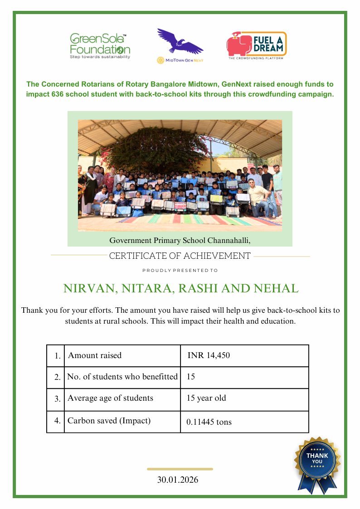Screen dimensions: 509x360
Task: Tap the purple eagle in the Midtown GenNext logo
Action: pos(180,42)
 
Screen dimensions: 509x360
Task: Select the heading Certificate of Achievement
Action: pos(180,256)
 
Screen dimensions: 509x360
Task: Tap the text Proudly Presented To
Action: pos(180,271)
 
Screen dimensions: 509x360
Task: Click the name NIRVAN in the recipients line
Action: pos(87,289)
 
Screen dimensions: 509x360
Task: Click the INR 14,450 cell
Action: pos(209,355)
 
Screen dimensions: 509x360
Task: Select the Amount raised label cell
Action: pos(95,355)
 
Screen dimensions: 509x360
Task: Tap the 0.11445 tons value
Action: pos(209,422)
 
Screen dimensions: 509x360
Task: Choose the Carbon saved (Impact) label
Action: pos(109,421)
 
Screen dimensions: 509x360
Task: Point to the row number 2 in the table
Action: pos(57,377)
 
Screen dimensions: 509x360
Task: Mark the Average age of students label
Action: pos(110,398)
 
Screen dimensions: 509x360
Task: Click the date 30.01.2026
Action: pos(178,480)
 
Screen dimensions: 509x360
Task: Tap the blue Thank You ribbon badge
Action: pos(317,460)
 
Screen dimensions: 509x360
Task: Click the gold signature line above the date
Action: pos(180,469)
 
